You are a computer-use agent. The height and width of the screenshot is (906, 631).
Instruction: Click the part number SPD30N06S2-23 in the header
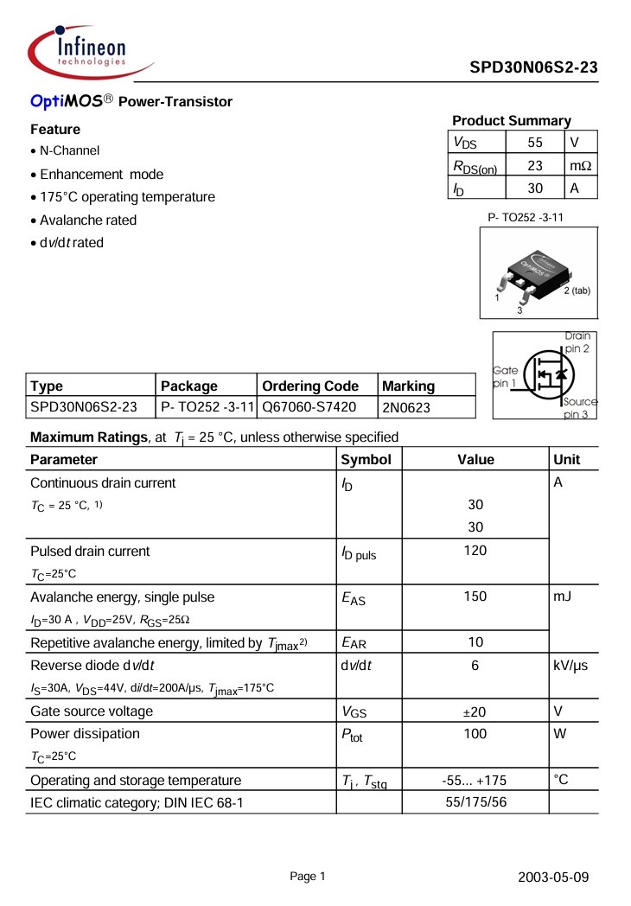[533, 68]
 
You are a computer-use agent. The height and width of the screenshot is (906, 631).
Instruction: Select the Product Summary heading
[511, 121]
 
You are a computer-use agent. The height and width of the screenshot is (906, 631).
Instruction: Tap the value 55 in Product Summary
[535, 143]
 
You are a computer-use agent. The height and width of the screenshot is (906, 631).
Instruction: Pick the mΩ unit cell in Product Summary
[580, 165]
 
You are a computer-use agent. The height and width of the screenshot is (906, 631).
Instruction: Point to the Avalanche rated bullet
[88, 220]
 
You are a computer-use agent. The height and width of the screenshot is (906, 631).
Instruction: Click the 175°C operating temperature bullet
[127, 197]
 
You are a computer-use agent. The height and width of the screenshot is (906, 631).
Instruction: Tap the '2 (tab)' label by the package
[577, 290]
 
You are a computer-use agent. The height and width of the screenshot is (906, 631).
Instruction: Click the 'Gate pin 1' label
[506, 376]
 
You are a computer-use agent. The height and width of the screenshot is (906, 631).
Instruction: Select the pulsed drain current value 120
[475, 551]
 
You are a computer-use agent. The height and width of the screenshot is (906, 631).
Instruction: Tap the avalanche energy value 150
[475, 597]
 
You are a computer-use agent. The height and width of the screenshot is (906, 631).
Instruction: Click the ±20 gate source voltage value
[475, 711]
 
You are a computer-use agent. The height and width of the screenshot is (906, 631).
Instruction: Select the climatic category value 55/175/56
[475, 803]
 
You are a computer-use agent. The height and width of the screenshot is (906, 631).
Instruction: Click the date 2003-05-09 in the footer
[553, 877]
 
